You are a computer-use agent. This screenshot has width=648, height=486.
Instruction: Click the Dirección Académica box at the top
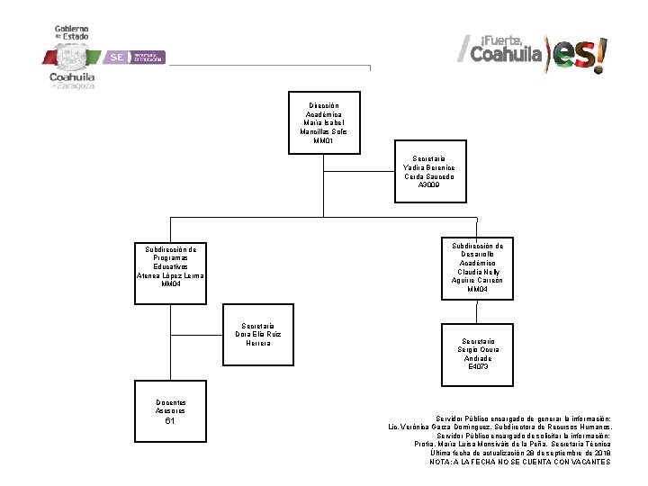point(323,117)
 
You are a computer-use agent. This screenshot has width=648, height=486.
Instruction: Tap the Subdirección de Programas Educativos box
point(170,265)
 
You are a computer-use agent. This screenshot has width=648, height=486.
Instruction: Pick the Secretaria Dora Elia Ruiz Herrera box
point(258,334)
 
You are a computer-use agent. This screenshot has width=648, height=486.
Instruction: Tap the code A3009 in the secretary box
point(429,184)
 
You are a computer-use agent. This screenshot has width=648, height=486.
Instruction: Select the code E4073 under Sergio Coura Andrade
point(478,367)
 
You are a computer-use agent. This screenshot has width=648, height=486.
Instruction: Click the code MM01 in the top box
point(323,140)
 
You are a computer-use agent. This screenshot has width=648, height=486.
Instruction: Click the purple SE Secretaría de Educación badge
point(135,57)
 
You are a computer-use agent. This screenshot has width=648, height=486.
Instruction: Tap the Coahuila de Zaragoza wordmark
point(72,81)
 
